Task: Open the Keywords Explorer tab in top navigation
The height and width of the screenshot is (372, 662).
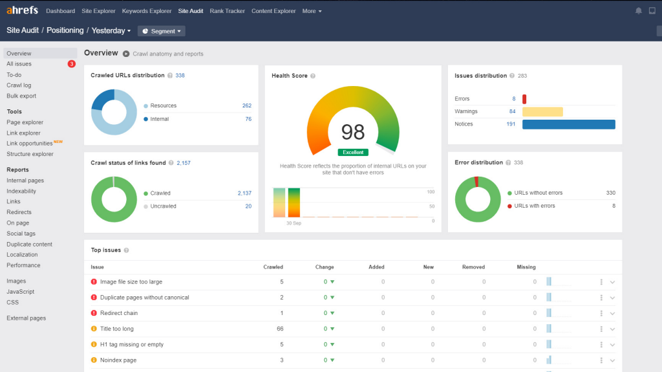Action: coord(147,11)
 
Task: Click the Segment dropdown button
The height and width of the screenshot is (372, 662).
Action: coord(161,31)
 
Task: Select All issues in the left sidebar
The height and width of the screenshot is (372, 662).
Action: coord(19,64)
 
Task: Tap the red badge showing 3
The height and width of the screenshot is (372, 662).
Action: coord(72,64)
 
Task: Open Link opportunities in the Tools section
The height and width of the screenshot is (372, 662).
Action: coord(30,144)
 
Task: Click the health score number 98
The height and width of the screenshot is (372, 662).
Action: coord(353,132)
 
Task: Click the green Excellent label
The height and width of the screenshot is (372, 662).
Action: coord(353,153)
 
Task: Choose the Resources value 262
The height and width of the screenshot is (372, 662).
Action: coord(246,106)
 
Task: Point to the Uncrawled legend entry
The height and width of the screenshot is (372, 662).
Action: coord(163,206)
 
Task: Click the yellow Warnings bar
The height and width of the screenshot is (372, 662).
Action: coord(542,111)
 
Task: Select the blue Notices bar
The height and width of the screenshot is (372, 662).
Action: coord(568,124)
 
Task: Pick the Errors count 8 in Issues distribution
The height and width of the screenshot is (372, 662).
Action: coord(513,99)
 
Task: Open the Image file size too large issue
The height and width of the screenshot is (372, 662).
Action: coord(131,282)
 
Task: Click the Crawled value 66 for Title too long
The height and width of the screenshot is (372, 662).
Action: coord(280,329)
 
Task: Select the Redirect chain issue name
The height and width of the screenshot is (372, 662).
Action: coord(119,313)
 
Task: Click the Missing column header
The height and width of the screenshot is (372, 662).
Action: coord(526,267)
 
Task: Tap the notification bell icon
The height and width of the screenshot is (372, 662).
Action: coord(639,11)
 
